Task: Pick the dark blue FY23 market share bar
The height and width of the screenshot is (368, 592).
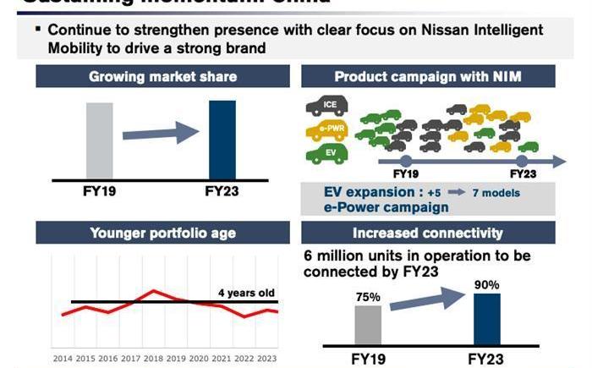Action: (222, 140)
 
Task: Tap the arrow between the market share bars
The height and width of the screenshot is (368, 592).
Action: (161, 133)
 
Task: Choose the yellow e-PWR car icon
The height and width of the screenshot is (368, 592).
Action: (325, 130)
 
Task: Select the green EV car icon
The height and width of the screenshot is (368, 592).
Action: (326, 153)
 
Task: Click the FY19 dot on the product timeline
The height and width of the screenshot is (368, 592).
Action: (406, 159)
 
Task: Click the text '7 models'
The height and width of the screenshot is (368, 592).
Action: (496, 193)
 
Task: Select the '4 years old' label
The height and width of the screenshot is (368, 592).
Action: (246, 294)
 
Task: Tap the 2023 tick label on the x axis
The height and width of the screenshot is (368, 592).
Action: (266, 359)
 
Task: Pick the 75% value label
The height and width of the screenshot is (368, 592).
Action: (367, 297)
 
